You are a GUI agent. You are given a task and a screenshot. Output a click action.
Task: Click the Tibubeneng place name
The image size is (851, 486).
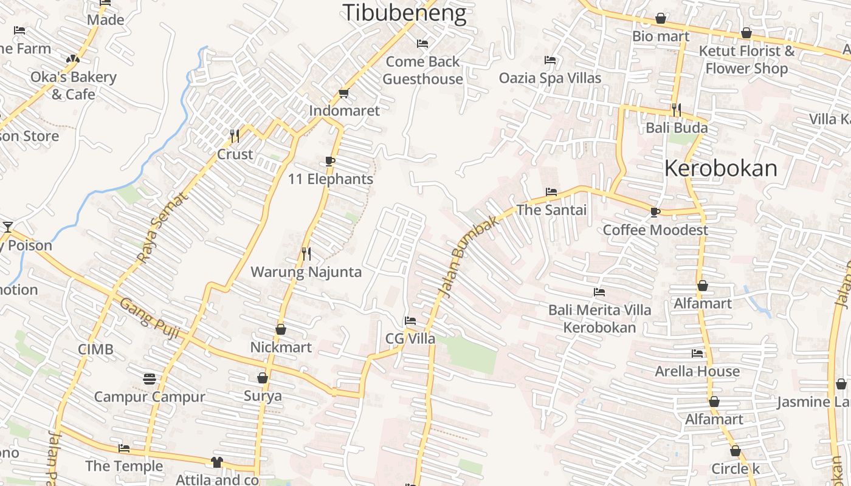coord(404,13)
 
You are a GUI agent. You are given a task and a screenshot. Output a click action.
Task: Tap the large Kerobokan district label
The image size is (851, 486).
coord(720,168)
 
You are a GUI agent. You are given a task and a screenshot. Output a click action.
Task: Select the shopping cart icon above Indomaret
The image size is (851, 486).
coord(343,93)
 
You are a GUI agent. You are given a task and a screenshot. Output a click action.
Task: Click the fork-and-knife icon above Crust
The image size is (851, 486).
coord(235,135)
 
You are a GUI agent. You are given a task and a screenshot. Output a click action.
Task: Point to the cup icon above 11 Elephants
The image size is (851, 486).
coord(330,161)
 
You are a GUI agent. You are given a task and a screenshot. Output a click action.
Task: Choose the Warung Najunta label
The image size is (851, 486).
coord(306,272)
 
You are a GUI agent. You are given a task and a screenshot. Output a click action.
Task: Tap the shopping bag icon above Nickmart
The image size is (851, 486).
coord(281,329)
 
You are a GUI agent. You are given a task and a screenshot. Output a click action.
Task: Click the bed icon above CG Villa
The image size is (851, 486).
coord(410,320)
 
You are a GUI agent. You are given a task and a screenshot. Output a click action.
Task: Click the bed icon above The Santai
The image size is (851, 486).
coord(551,191)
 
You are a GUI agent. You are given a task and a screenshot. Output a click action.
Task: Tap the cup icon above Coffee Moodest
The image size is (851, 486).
coord(655,212)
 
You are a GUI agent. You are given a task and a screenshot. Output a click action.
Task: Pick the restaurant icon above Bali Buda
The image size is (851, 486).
coord(676,109)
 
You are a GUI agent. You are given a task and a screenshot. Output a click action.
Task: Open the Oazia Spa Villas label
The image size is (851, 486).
coord(550,78)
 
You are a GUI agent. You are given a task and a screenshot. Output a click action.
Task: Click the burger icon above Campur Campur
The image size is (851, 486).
coord(150,378)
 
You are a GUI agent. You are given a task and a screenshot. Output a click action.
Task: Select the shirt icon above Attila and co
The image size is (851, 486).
coord(217,462)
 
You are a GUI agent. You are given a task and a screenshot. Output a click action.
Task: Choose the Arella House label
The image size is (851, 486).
coord(697,371)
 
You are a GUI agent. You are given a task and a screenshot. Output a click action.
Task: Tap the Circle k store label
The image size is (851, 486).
coord(735,469)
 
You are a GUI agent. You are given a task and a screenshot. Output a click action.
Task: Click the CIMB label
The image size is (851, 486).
coord(95,349)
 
